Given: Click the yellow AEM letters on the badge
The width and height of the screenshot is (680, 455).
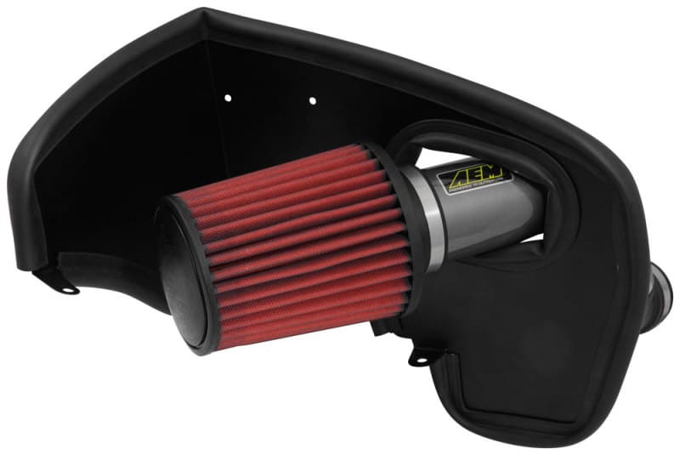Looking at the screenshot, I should click(471, 175).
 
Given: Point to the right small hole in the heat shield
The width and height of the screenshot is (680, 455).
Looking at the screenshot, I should click(312, 100).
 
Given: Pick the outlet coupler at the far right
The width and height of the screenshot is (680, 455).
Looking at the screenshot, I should click(662, 288).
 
